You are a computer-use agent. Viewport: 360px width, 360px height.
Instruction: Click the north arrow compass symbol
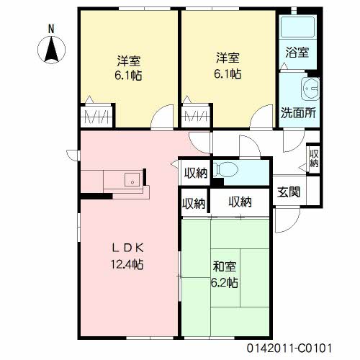pyautogui.click(x=51, y=50)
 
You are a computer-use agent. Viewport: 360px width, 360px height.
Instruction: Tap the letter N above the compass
pyautogui.click(x=51, y=29)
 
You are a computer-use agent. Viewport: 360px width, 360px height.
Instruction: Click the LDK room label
pyautogui.click(x=128, y=248)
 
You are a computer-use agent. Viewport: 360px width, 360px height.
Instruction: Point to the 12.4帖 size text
pyautogui.click(x=127, y=264)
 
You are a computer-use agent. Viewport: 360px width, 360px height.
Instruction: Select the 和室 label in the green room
pyautogui.click(x=225, y=266)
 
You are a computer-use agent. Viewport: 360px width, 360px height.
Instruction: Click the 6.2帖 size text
pyautogui.click(x=225, y=282)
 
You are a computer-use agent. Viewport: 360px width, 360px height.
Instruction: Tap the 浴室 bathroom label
pyautogui.click(x=297, y=52)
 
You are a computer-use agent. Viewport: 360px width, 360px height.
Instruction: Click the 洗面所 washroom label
pyautogui.click(x=298, y=112)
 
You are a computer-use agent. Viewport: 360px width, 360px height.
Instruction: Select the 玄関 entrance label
pyautogui.click(x=289, y=192)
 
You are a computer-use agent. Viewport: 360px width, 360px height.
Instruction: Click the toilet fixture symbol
pyautogui.click(x=225, y=169)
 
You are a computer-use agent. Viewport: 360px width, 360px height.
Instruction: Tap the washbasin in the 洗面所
pyautogui.click(x=310, y=89)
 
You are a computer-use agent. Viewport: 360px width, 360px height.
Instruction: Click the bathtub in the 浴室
pyautogui.click(x=298, y=27)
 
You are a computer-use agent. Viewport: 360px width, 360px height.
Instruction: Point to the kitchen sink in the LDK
pyautogui.click(x=132, y=179)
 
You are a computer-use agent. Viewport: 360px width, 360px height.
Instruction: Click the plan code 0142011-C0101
pyautogui.click(x=289, y=348)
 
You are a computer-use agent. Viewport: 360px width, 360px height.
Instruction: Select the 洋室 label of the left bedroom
pyautogui.click(x=129, y=60)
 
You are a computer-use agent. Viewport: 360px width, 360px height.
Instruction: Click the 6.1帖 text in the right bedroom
pyautogui.click(x=228, y=74)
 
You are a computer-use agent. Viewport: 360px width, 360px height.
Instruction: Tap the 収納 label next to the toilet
pyautogui.click(x=196, y=173)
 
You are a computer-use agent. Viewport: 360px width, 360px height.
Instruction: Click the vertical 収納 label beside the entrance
pyautogui.click(x=314, y=158)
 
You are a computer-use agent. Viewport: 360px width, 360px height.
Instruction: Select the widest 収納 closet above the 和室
pyautogui.click(x=240, y=202)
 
